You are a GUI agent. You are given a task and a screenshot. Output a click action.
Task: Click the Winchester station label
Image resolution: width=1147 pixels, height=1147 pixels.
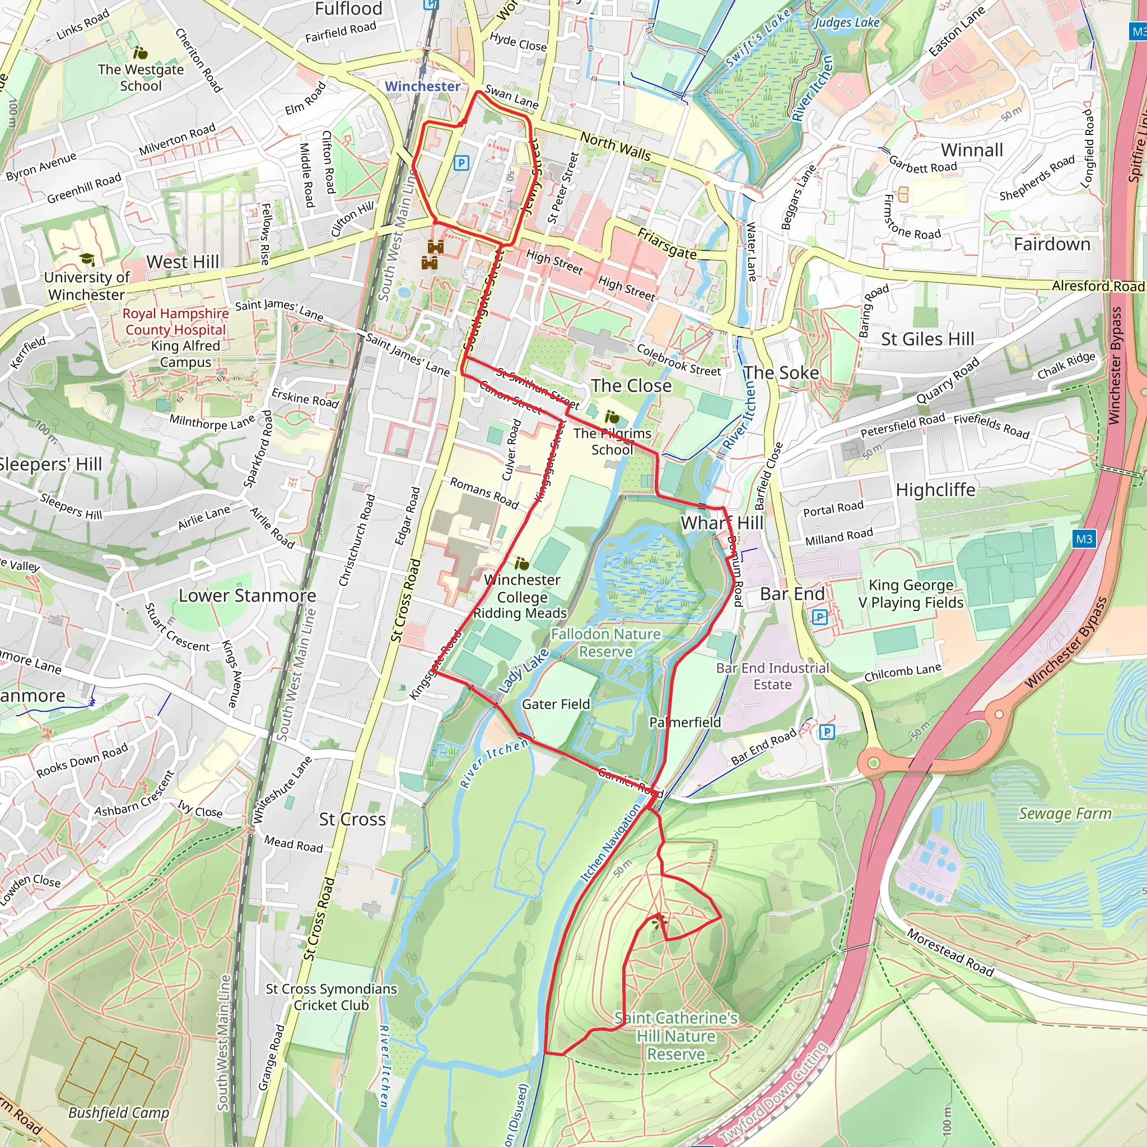422,86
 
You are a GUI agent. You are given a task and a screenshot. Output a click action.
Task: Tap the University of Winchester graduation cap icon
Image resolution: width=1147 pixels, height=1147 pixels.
87,259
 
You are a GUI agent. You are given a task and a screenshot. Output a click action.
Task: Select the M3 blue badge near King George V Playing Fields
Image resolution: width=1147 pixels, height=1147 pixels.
1084,539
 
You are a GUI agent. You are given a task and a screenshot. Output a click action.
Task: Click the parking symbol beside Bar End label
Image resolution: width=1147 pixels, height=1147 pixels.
819,617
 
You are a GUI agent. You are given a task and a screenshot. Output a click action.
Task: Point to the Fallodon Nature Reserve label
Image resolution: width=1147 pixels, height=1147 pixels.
605,643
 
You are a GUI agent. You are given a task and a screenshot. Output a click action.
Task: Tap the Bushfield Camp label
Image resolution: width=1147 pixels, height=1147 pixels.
119,1113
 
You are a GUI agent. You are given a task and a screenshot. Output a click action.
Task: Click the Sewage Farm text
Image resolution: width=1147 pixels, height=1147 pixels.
1065,813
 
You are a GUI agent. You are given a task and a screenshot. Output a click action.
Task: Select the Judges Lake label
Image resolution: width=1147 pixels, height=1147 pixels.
846,22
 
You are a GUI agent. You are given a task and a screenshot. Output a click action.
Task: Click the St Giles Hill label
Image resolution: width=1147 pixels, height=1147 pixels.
927,339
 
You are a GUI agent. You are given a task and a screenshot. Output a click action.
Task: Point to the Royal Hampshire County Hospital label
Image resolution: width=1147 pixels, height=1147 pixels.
176,321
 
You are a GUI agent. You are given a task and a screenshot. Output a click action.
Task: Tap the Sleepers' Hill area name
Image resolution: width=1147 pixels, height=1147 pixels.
50,464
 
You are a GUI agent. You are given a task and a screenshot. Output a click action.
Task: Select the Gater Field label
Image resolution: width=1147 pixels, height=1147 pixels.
556,704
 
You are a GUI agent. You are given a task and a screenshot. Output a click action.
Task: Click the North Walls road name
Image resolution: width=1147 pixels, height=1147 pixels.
615,146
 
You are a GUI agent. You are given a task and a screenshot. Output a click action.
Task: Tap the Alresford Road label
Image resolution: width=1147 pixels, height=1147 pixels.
1098,286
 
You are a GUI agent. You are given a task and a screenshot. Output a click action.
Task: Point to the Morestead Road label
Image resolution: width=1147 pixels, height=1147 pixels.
950,952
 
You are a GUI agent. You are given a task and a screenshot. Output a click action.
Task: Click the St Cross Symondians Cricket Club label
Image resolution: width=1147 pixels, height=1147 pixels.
332,997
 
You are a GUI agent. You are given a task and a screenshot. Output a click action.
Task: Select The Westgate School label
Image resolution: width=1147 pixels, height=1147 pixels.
141,77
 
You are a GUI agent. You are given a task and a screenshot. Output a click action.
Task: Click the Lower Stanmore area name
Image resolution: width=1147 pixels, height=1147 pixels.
247,595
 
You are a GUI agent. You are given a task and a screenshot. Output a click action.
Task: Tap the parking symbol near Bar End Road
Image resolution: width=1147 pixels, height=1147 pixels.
827,732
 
